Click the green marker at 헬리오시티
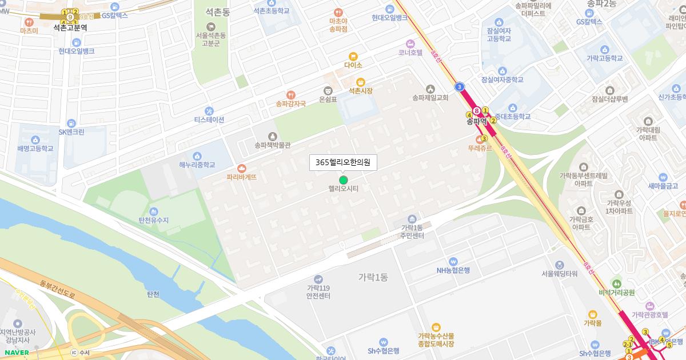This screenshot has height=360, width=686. point(343,180)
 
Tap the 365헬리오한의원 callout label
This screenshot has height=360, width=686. point(343,163)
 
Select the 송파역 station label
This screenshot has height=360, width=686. point(476,121)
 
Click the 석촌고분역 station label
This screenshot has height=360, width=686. point(70,27)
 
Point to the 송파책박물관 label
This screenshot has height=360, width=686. point(273,145)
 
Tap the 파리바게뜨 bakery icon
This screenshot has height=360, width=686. point(242,169)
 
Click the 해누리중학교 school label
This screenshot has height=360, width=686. point(197,165)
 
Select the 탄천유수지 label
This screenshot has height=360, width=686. point(154,220)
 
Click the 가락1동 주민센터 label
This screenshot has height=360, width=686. point(412,231)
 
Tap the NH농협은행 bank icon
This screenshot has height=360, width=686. point(453,261)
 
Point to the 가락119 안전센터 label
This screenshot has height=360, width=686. point(318,291)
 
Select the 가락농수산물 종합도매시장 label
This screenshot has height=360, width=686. point(436,340)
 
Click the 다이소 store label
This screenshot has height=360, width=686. point(353,65)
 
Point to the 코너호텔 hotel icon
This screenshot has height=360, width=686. point(410,43)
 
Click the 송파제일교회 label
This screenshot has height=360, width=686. point(430,98)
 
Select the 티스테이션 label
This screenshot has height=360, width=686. point(209,119)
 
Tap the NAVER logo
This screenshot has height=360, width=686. point(15,353)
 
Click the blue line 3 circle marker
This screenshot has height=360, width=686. point(460,87)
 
